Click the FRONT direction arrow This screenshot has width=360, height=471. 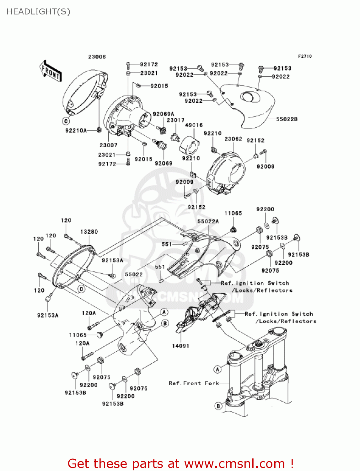[50, 71]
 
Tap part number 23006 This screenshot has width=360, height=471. [97, 57]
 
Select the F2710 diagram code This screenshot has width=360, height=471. [305, 56]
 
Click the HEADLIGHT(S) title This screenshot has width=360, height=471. [38, 12]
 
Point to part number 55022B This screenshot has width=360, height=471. [287, 119]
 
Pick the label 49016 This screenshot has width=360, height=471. [194, 125]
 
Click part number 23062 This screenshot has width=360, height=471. [233, 139]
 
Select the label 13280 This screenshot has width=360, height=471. [89, 232]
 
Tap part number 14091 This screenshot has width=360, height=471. [180, 346]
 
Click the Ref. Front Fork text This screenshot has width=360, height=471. [194, 383]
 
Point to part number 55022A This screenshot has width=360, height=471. [208, 221]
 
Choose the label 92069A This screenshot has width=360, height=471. [163, 114]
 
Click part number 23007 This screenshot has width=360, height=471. [108, 145]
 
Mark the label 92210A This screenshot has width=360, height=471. [76, 131]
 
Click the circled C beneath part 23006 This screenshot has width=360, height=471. [66, 121]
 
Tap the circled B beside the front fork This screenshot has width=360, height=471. [218, 406]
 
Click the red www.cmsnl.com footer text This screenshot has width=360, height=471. [180, 463]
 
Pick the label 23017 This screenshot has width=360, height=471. [175, 120]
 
